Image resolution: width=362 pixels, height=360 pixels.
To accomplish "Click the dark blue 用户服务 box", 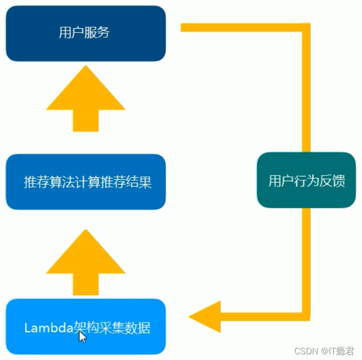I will pos(85,33).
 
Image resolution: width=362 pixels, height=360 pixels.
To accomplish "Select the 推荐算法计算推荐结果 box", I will pos(85,182).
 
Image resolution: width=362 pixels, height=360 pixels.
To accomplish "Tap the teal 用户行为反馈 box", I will pos(306,180).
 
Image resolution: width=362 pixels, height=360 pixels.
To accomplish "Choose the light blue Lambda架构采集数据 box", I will pos(85,327).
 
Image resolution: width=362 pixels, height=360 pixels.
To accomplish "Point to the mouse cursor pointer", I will pos(83,337).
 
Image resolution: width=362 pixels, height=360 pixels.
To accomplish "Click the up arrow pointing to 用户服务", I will pos(85,98).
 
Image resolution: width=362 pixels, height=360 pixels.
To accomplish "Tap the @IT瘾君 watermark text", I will pos(338,351).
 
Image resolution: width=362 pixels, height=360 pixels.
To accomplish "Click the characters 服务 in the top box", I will pos(98,32).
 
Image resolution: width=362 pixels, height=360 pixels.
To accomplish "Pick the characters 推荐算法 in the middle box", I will pos(48,182).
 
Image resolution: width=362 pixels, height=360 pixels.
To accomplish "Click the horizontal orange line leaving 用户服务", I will pos(238,28).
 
